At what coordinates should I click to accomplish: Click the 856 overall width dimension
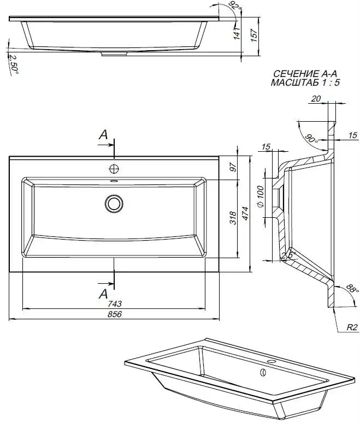pyautogui.click(x=114, y=314)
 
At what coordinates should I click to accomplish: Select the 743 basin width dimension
pyautogui.click(x=114, y=304)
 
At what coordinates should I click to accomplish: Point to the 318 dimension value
pyautogui.click(x=233, y=217)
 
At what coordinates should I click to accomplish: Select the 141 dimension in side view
pyautogui.click(x=237, y=35)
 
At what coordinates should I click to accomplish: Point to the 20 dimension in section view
pyautogui.click(x=316, y=99)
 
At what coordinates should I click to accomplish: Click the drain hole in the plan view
pyautogui.click(x=114, y=204)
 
